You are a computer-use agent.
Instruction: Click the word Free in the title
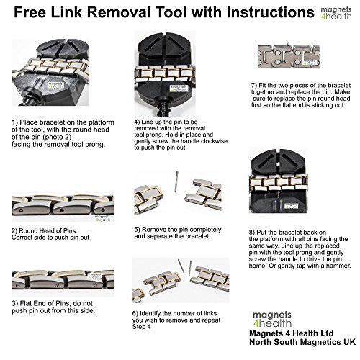point(30,12)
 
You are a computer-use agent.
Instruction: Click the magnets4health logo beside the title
point(336,13)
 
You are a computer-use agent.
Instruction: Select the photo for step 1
point(50,73)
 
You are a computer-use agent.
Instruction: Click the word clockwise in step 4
point(214,141)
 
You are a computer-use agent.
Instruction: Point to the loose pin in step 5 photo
point(176,181)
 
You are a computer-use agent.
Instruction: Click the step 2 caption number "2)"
point(14,231)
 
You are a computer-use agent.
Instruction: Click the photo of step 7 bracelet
point(289,56)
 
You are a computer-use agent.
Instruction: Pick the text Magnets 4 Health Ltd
point(292,333)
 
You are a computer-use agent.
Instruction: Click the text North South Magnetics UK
point(302,342)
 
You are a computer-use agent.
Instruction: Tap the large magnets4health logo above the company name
point(272,320)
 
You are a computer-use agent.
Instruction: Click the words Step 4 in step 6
point(141,327)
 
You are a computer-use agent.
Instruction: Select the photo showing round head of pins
point(63,207)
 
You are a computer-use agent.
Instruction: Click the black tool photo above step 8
point(279,181)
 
